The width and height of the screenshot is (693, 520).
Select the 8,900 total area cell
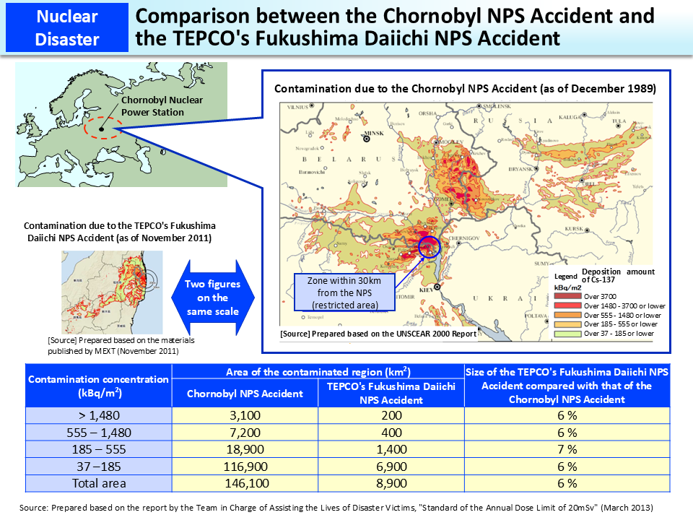point(391,483)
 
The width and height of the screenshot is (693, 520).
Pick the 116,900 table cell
point(245,467)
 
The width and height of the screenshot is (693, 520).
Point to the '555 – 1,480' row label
point(98,433)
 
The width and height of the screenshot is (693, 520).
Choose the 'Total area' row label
point(98,483)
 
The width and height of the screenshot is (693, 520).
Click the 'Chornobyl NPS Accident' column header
point(245,394)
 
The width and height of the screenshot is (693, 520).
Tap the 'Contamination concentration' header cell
point(98,385)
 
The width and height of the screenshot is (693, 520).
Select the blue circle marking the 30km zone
point(430,247)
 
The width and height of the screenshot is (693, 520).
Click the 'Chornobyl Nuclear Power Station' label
point(152,106)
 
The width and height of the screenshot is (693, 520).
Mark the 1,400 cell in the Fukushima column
point(391,450)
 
